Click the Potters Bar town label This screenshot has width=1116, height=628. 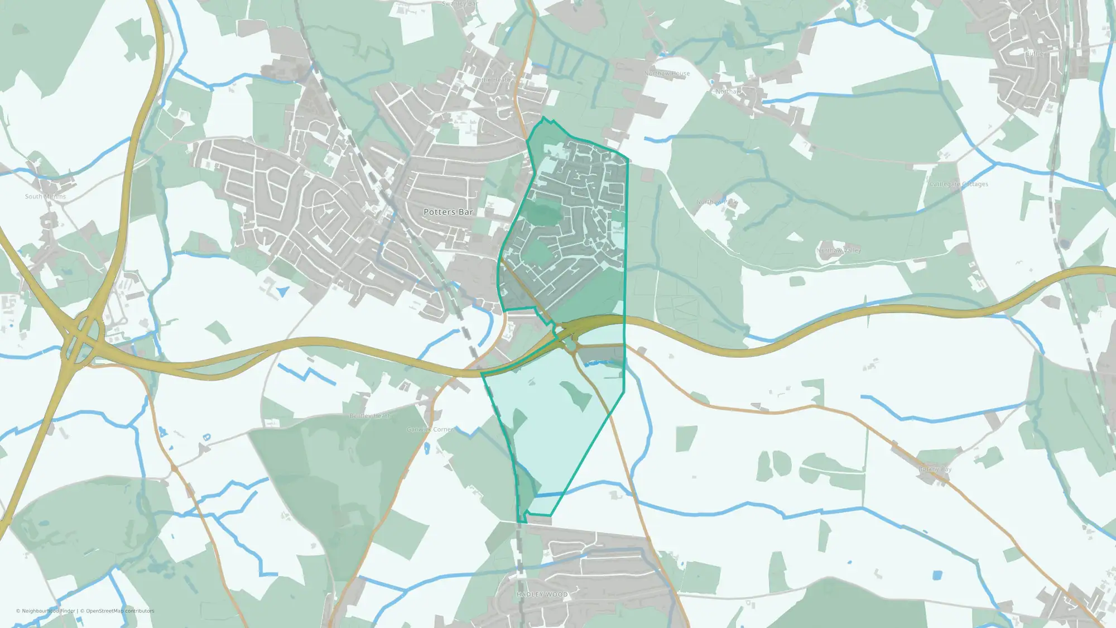[448, 212]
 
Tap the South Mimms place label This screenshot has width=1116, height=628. [45, 196]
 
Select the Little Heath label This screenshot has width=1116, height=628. [493, 80]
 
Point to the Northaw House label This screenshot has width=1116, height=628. [667, 74]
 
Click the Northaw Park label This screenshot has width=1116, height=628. [716, 202]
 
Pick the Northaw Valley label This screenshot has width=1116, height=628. [839, 250]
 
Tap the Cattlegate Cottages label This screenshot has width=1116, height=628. [959, 184]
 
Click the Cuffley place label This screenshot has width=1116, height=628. [1036, 54]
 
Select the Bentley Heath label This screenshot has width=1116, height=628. [370, 416]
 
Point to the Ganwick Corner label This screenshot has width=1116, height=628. [430, 429]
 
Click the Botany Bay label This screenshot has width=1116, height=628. [935, 469]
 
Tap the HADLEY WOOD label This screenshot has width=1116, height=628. [542, 595]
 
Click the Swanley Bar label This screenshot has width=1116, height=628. [460, 4]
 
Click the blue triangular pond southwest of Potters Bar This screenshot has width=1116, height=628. [283, 291]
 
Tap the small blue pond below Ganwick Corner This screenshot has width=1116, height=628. [427, 448]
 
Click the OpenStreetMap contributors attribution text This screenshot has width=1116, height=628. [120, 611]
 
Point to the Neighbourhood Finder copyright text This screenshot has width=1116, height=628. [45, 611]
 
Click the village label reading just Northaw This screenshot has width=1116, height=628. [728, 92]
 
